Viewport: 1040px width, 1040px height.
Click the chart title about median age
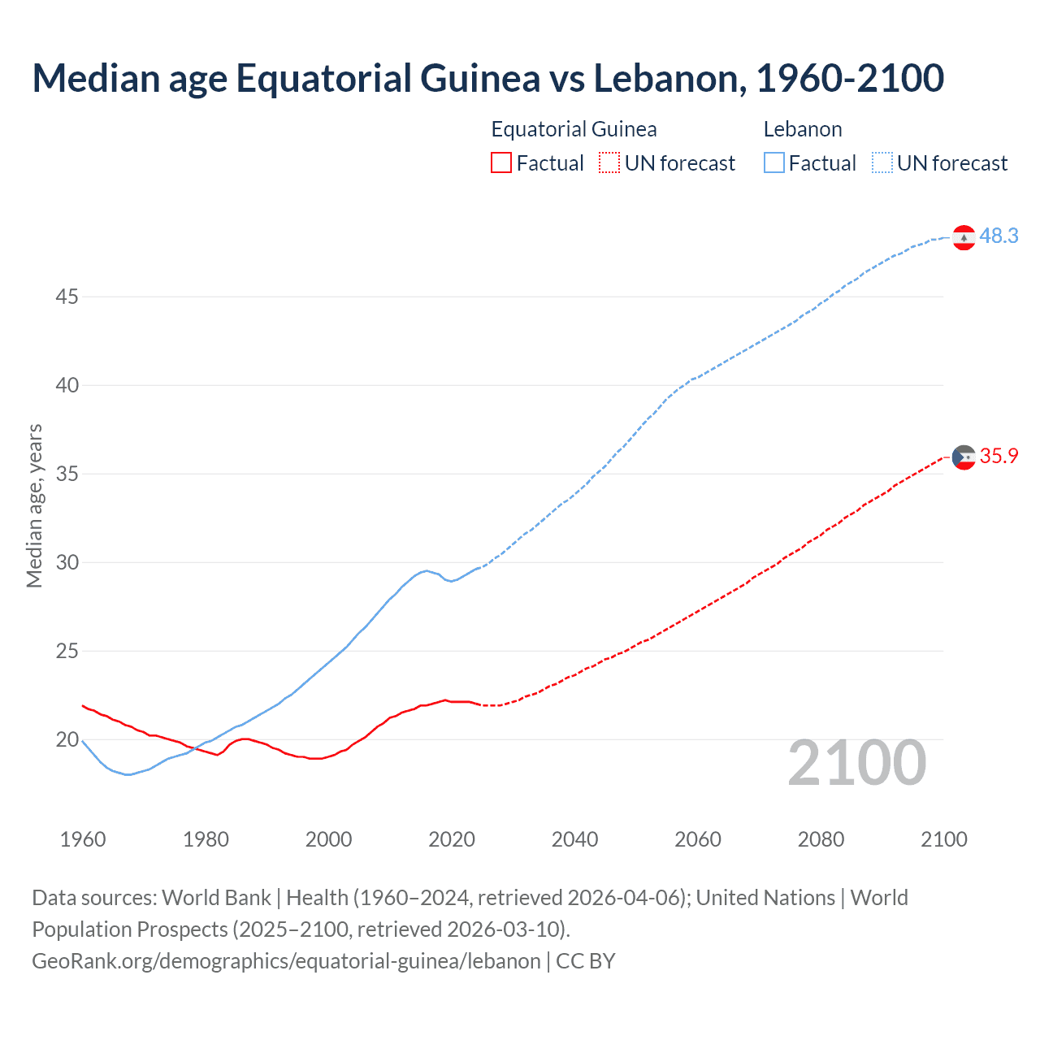(487, 78)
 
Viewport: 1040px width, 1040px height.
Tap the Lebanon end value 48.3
(999, 236)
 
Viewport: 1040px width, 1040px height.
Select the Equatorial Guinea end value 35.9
(999, 457)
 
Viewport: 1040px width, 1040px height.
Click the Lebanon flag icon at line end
(964, 237)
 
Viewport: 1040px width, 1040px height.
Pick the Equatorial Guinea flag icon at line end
(964, 457)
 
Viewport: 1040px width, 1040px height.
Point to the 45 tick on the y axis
(67, 297)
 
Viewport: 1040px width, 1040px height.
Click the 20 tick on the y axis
(67, 740)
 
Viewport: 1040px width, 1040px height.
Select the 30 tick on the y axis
(67, 563)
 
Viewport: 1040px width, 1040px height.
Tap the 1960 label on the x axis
(83, 839)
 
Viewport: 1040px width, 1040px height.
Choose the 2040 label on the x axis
(574, 839)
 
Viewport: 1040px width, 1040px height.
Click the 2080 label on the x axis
(821, 839)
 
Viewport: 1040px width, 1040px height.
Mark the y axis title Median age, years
(34, 505)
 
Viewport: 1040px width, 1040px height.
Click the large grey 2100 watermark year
(856, 763)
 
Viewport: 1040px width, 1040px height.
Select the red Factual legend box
(501, 163)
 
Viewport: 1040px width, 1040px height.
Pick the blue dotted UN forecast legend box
(882, 163)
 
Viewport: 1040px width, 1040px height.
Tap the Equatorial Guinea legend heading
(574, 129)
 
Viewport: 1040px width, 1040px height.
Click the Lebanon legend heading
(803, 129)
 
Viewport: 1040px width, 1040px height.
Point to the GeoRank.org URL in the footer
(286, 961)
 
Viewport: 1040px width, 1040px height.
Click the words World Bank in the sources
(216, 898)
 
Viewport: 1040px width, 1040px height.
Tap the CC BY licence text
(586, 961)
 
